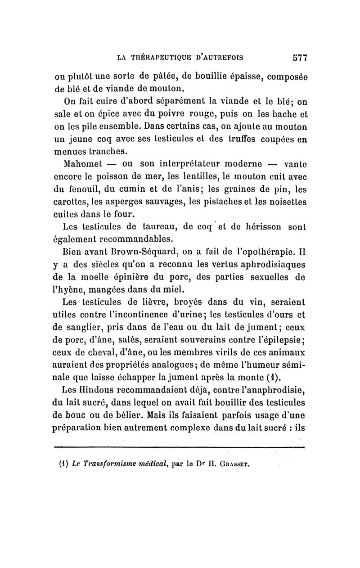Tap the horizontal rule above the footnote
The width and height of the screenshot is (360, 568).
coord(180,446)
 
